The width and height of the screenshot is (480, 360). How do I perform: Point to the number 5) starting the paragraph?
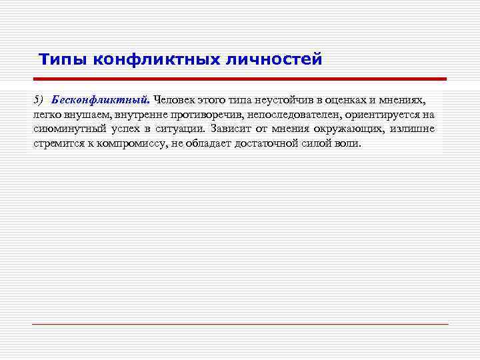(x=38, y=99)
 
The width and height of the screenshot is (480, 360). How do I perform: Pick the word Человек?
(x=175, y=99)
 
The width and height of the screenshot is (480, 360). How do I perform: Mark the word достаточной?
(x=266, y=143)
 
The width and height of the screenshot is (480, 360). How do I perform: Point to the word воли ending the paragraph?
(x=348, y=143)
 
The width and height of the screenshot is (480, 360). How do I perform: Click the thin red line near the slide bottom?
(x=240, y=324)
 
